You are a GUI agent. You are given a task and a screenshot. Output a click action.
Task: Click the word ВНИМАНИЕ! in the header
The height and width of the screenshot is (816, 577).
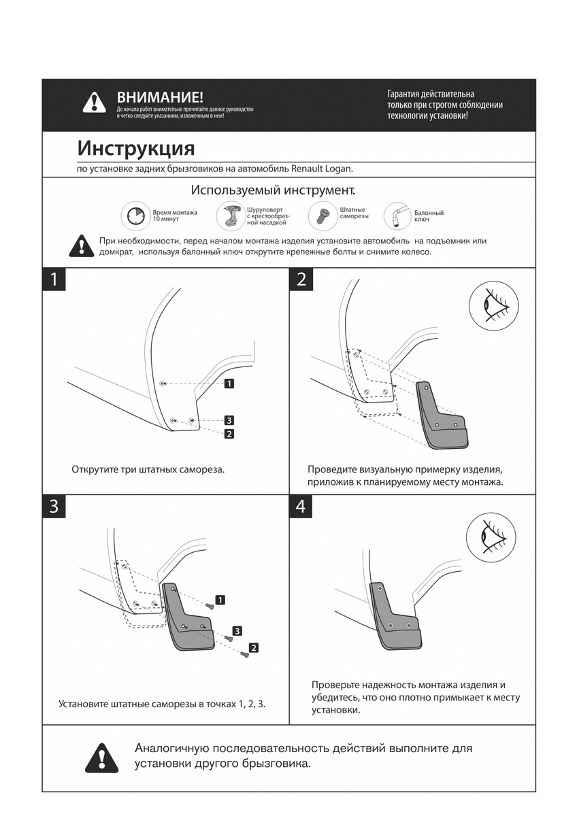coord(160,98)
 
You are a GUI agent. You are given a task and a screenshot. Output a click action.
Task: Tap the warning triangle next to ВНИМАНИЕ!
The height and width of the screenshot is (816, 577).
coord(94,103)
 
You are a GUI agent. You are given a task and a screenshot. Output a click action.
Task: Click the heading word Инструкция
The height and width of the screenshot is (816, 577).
coord(136,148)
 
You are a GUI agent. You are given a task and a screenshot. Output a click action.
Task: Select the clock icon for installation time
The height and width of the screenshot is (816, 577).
coord(135,217)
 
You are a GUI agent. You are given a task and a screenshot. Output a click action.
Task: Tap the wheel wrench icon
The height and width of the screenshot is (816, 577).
coord(398,216)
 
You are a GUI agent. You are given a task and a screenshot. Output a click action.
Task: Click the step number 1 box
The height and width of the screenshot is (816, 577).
coord(54,279)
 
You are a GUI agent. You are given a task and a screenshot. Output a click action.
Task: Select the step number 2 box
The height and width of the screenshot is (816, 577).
coord(301,279)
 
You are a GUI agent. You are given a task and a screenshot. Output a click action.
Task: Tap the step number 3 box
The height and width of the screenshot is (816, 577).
coord(54,507)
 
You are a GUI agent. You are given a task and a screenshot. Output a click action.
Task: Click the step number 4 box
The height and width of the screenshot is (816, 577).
coord(301,507)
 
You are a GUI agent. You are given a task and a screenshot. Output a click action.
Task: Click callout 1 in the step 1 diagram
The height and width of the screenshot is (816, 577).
coord(229,384)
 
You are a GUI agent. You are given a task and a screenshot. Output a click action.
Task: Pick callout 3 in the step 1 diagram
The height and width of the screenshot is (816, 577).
coord(229,420)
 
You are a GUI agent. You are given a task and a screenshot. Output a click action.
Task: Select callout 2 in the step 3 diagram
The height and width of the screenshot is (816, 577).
coord(253,647)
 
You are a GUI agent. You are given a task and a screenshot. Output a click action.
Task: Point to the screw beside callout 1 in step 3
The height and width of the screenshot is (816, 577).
coord(210,604)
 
